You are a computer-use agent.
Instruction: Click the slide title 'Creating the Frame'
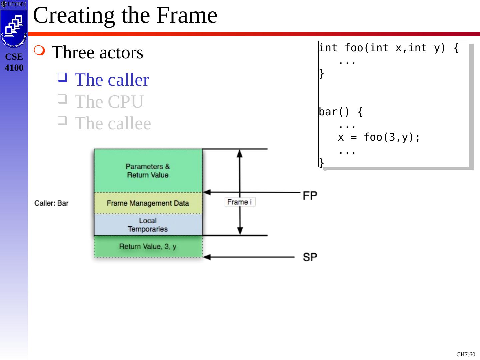pyautogui.click(x=125, y=15)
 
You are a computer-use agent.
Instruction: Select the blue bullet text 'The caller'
pyautogui.click(x=112, y=80)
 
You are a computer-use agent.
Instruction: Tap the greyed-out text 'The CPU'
pyautogui.click(x=109, y=102)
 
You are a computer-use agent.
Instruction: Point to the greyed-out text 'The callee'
pyautogui.click(x=113, y=123)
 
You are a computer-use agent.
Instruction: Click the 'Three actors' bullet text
pyautogui.click(x=97, y=53)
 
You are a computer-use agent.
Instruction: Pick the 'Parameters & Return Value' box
pyautogui.click(x=148, y=170)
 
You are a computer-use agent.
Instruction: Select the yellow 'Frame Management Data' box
pyautogui.click(x=148, y=203)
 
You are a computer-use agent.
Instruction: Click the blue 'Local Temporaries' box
pyautogui.click(x=148, y=225)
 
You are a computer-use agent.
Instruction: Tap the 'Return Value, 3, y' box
pyautogui.click(x=148, y=247)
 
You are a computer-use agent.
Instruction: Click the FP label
pyautogui.click(x=310, y=196)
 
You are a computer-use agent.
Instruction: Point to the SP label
pyautogui.click(x=310, y=257)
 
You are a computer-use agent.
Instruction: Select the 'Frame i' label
pyautogui.click(x=239, y=202)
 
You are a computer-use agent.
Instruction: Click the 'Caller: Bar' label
pyautogui.click(x=51, y=203)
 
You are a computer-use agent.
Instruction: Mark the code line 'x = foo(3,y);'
pyautogui.click(x=379, y=137)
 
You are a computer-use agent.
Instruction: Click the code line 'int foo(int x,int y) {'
pyautogui.click(x=389, y=48)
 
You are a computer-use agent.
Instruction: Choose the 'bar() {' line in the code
pyautogui.click(x=341, y=112)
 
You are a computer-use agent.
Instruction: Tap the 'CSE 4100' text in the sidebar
pyautogui.click(x=14, y=62)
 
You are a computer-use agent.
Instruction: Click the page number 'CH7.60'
pyautogui.click(x=466, y=354)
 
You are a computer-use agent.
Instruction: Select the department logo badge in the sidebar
pyautogui.click(x=14, y=28)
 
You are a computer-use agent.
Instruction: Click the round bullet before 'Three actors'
pyautogui.click(x=39, y=51)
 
